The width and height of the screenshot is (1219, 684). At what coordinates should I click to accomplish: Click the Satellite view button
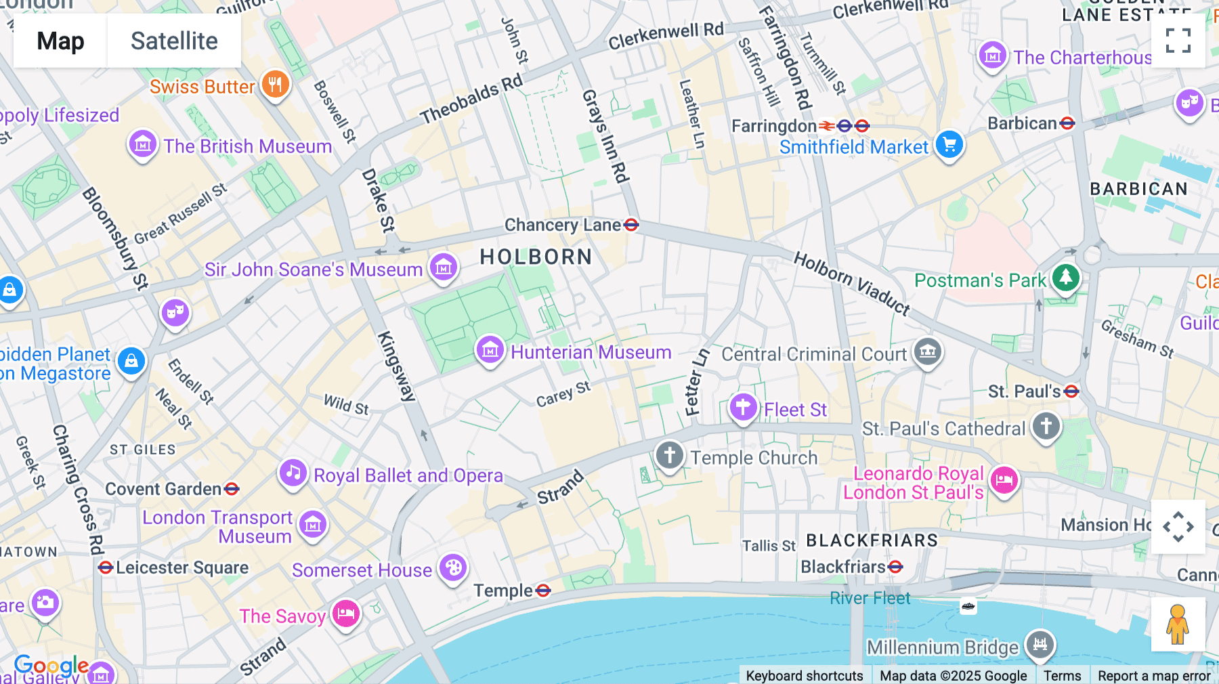[174, 41]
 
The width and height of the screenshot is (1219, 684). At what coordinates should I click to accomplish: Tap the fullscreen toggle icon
[1178, 41]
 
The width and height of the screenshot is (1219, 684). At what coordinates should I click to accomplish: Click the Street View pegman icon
[1178, 624]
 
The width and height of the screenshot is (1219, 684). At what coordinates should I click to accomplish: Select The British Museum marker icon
[143, 144]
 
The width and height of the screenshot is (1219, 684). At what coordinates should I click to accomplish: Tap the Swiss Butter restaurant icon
[275, 85]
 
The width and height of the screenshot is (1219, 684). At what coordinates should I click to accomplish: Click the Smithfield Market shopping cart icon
[949, 145]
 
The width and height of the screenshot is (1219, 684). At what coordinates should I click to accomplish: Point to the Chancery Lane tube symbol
[631, 225]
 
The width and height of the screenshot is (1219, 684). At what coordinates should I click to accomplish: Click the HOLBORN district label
[536, 257]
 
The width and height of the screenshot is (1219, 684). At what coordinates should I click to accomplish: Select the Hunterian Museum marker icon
[490, 350]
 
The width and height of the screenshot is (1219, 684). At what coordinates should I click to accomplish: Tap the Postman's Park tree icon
[1065, 277]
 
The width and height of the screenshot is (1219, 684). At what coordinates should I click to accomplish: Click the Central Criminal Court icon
[928, 351]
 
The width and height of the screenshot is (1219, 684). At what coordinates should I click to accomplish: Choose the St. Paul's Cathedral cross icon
[1046, 427]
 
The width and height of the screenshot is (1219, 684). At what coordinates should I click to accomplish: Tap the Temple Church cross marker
[669, 455]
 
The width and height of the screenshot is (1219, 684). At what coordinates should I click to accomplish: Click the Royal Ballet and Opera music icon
[293, 473]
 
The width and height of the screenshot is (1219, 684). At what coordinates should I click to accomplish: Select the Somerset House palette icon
[453, 568]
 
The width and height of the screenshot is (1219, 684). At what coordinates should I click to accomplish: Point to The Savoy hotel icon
[346, 614]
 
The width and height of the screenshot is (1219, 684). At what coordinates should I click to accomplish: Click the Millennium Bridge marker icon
[1040, 644]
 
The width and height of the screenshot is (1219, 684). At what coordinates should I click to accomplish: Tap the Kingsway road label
[395, 366]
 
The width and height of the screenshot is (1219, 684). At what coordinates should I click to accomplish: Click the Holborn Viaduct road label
[851, 282]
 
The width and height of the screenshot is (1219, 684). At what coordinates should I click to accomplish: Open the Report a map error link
[1153, 676]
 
